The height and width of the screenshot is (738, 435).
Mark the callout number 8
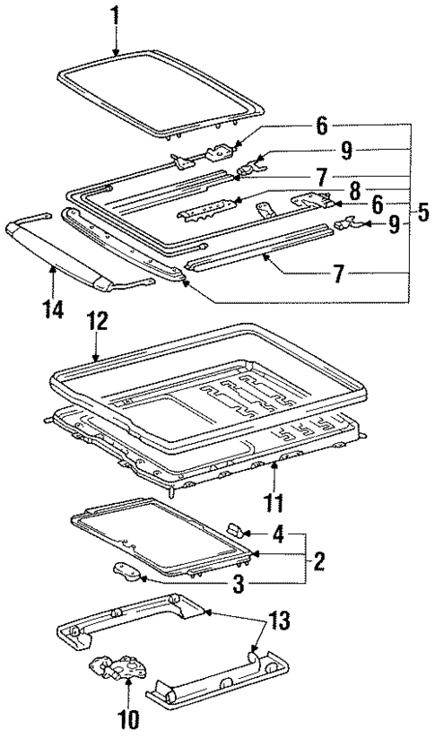pos(358,189)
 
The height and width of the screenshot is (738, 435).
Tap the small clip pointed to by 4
pos(238,530)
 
